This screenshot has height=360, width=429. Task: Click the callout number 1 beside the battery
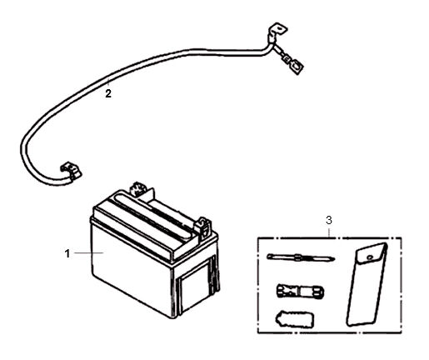pos(67,253)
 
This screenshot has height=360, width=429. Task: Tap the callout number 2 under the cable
pos(108,93)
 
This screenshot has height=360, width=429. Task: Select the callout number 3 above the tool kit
pos(329,221)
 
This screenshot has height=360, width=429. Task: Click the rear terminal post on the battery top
pos(137,189)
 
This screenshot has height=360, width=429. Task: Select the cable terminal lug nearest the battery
pos(71,170)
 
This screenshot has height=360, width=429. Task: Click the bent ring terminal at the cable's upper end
pos(277,31)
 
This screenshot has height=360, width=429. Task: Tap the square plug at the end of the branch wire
pos(297,67)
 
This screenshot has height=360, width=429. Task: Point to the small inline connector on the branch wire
pos(287,59)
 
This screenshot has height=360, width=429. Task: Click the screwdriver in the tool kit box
pos(301,257)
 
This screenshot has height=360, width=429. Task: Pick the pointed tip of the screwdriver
pos(333,260)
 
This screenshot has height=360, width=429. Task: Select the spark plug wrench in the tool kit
pos(300,291)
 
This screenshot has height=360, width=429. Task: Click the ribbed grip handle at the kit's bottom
pos(294,319)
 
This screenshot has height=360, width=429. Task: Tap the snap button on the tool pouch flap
pos(369,257)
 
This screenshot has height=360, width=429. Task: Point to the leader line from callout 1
pos(89,252)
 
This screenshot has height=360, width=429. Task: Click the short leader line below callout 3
pos(329,232)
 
